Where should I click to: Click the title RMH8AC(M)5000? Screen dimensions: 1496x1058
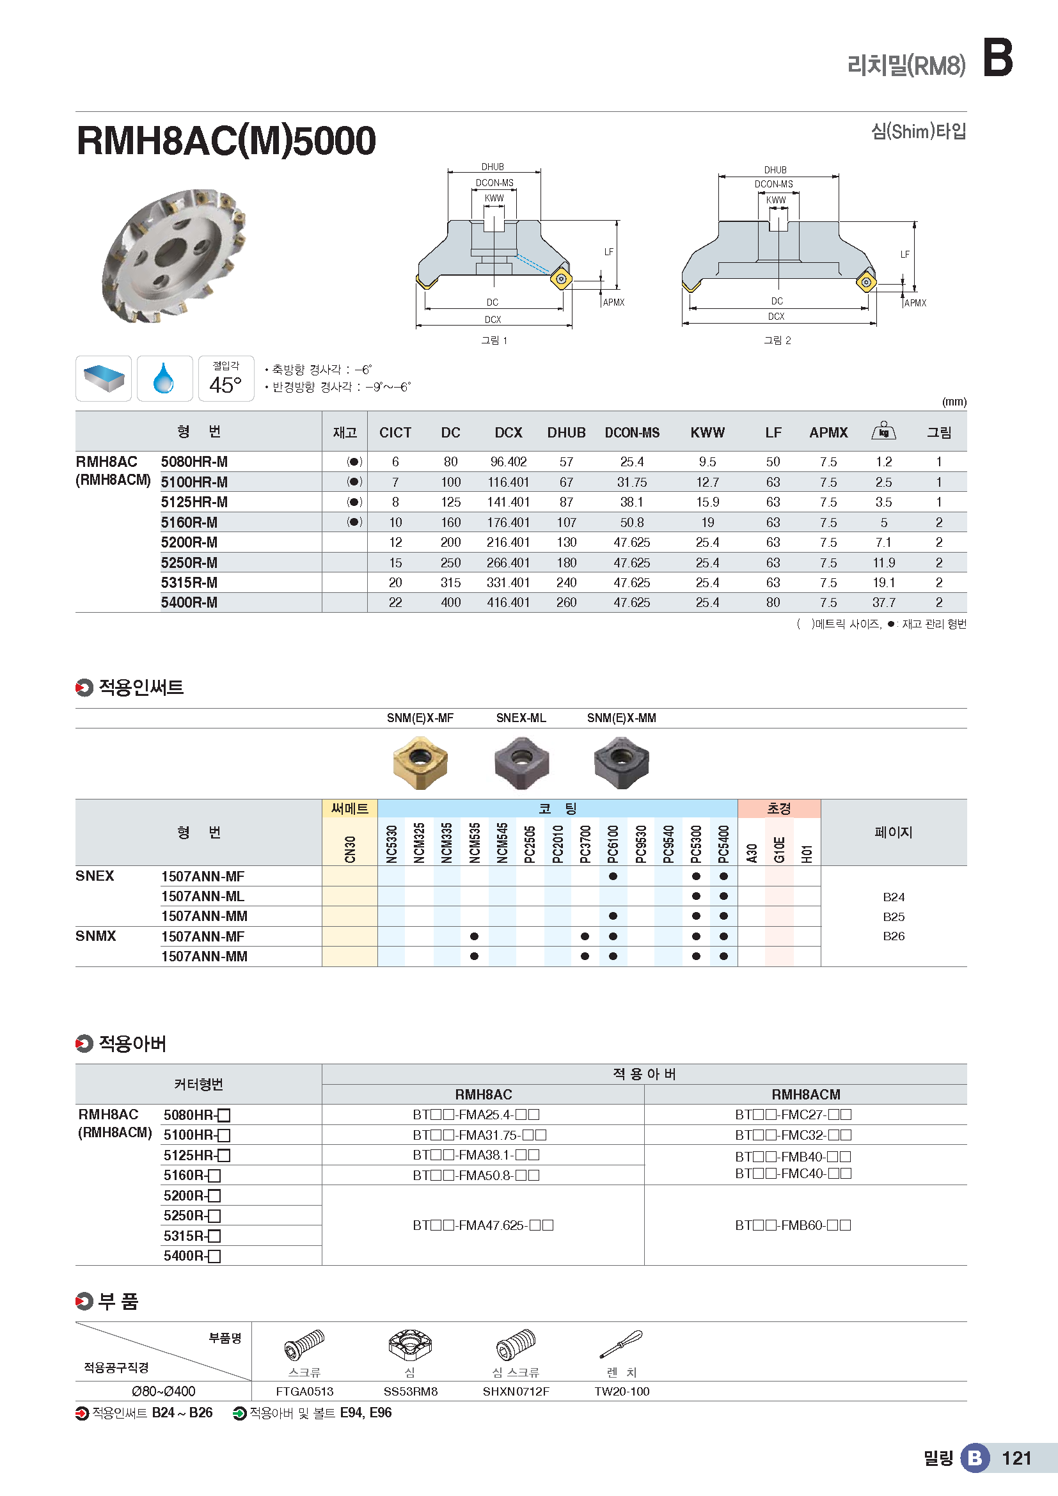pyautogui.click(x=226, y=141)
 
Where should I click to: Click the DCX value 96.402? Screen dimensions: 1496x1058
pyautogui.click(x=508, y=462)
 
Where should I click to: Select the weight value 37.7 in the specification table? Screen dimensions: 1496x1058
pyautogui.click(x=883, y=602)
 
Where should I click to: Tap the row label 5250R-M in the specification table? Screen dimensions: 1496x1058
pyautogui.click(x=189, y=563)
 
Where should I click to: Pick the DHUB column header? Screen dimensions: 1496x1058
pyautogui.click(x=566, y=432)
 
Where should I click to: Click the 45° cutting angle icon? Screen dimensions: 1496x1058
pyautogui.click(x=225, y=379)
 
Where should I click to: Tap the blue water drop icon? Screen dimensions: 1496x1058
pyautogui.click(x=164, y=379)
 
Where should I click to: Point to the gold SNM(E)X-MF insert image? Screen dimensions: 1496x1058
pyautogui.click(x=420, y=762)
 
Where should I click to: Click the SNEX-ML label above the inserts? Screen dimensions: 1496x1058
pyautogui.click(x=521, y=718)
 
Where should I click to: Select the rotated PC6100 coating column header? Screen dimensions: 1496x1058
pyautogui.click(x=613, y=844)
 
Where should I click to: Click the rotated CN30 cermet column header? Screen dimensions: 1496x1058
pyautogui.click(x=350, y=849)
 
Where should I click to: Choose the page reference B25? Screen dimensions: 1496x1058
pyautogui.click(x=893, y=917)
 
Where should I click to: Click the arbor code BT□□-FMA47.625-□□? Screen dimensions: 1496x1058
pyautogui.click(x=483, y=1225)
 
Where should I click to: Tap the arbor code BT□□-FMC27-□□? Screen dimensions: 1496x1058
pyautogui.click(x=793, y=1115)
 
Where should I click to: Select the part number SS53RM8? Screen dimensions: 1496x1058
pyautogui.click(x=411, y=1392)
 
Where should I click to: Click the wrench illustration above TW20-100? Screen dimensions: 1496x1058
pyautogui.click(x=621, y=1344)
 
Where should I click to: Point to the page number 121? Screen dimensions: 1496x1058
pyautogui.click(x=1016, y=1458)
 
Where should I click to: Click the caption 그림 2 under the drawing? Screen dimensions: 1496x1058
pyautogui.click(x=777, y=340)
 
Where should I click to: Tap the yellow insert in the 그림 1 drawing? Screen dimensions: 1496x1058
pyautogui.click(x=561, y=280)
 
